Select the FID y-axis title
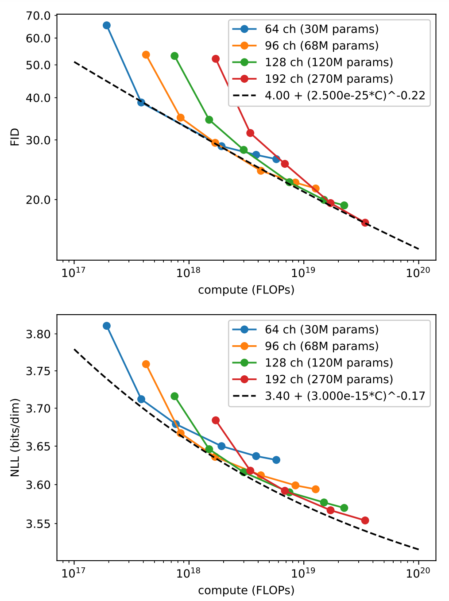pyautogui.click(x=15, y=137)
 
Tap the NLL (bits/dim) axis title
pyautogui.click(x=15, y=437)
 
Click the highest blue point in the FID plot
pyautogui.click(x=107, y=25)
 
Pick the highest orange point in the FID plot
pyautogui.click(x=146, y=55)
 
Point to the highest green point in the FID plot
pyautogui.click(x=174, y=56)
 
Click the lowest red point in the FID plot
pyautogui.click(x=365, y=223)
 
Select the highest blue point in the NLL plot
pyautogui.click(x=107, y=326)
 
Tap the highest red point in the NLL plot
pyautogui.click(x=216, y=420)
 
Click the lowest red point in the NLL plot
pyautogui.click(x=365, y=520)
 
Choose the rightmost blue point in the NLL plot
pyautogui.click(x=276, y=460)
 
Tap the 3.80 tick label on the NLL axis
pyautogui.click(x=39, y=334)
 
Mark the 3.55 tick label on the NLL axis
pyautogui.click(x=39, y=524)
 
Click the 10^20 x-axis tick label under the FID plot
pyautogui.click(x=418, y=272)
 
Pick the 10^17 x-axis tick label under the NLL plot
pyautogui.click(x=74, y=573)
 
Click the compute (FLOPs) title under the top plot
pyautogui.click(x=246, y=290)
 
